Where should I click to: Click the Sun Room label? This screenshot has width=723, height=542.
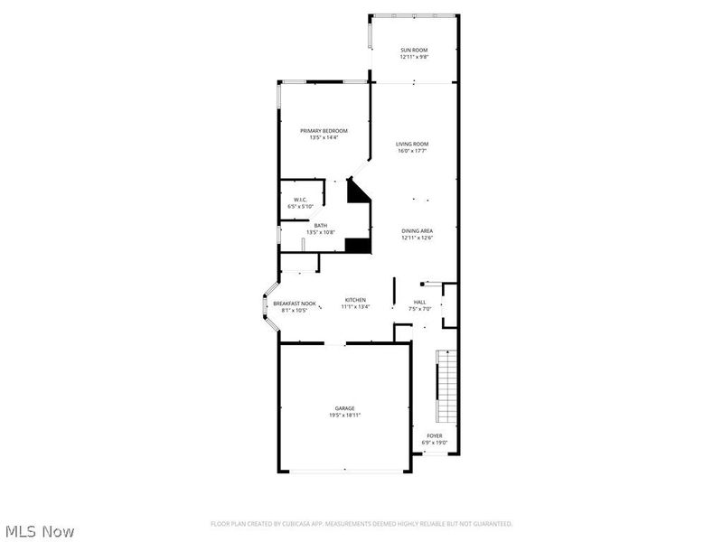414,50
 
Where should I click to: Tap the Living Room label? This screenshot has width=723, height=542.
412,144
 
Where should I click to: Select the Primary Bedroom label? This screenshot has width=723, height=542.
324,131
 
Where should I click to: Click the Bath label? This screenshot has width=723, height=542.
321,226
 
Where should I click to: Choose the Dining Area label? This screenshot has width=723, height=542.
418,231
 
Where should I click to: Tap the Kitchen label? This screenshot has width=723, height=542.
355,300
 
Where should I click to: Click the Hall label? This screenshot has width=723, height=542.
419,303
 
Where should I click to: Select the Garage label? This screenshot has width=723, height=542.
345,408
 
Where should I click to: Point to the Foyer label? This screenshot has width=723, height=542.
435,435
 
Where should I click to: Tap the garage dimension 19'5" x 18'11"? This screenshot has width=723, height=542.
345,416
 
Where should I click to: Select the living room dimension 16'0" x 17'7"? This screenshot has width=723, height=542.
412,151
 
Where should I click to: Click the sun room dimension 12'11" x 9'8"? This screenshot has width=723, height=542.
414,57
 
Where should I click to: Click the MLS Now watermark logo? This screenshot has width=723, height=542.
39,531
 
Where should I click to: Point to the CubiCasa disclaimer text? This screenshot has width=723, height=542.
361,524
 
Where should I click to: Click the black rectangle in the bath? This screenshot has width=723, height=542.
358,244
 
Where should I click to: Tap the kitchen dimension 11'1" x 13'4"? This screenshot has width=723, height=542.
355,307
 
